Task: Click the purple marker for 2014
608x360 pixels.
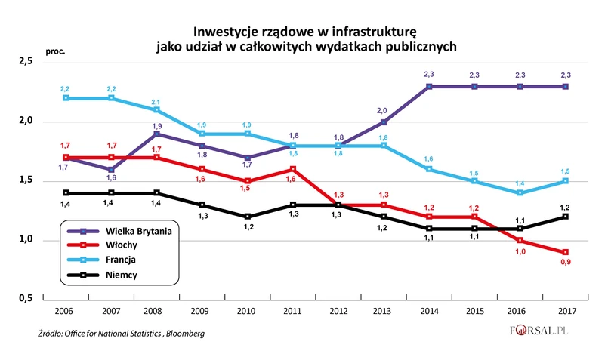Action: (429, 86)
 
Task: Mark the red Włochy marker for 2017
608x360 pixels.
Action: (565, 252)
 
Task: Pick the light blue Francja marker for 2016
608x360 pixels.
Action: (520, 192)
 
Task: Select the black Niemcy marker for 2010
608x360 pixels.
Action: (247, 217)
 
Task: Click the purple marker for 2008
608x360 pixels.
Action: (156, 134)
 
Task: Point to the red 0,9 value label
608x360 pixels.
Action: (565, 263)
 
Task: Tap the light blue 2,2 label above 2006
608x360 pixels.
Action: (66, 89)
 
